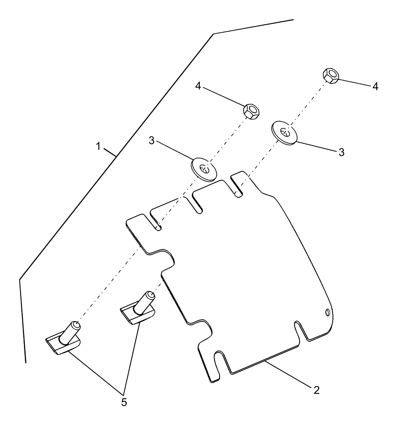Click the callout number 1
pos(98,147)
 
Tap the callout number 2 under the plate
pos(316,390)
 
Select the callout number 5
pos(124,402)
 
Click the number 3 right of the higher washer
pos(342,152)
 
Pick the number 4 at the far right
pos(375,86)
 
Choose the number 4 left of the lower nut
pos(198,86)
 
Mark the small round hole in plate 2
pos(328,313)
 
